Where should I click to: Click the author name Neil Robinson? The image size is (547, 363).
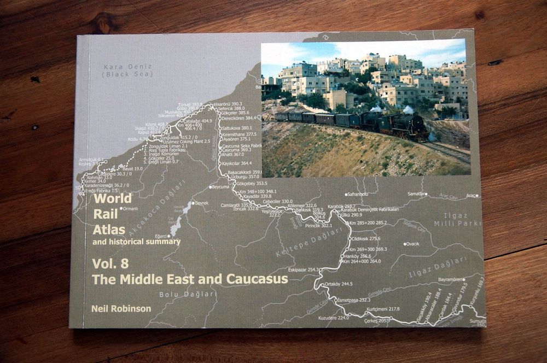coord(121,309)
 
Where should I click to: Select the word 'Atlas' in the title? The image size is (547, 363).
coord(109,230)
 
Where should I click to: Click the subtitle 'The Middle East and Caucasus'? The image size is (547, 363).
coord(189,279)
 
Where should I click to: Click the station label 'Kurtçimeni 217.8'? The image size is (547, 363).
coord(383,309)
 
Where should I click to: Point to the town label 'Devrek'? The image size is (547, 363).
coord(201,203)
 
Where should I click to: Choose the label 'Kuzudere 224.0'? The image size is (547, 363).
coord(333,318)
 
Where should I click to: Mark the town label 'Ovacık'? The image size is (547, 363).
coord(411,243)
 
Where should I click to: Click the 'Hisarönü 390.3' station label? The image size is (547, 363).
coord(228,103)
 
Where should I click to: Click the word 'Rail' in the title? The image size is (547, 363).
coord(102,214)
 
